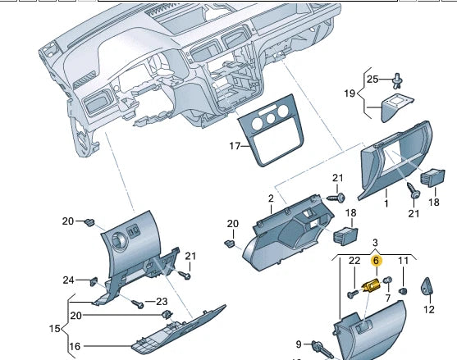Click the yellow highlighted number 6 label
377,261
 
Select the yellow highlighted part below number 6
372,286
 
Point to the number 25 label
372,79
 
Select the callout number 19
349,93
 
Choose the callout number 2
271,198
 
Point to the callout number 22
354,261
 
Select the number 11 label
403,261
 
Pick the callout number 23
162,301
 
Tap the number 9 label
299,344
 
